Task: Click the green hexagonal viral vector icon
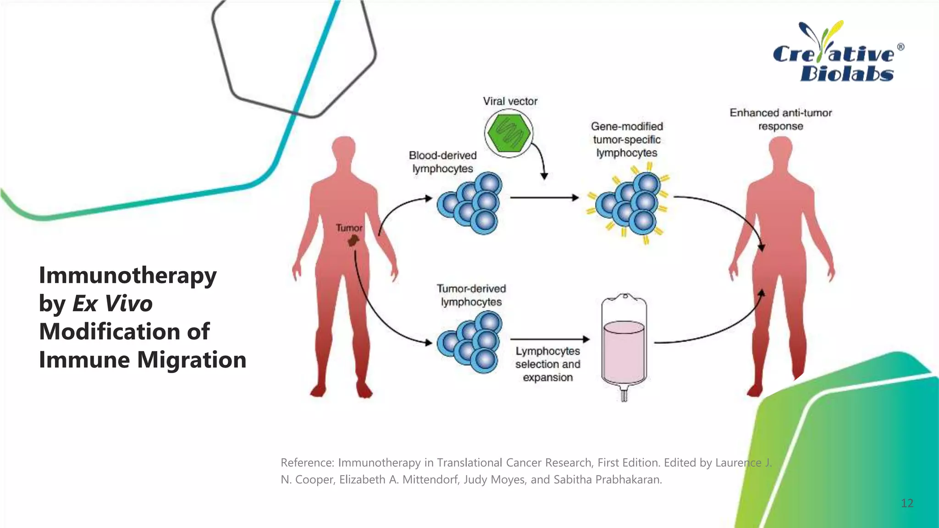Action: (x=508, y=132)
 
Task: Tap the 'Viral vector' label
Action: (x=510, y=101)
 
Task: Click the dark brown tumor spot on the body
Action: (x=353, y=240)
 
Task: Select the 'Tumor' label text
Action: (x=349, y=228)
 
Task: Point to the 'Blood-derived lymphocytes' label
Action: (x=442, y=162)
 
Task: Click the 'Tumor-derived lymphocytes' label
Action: (x=471, y=295)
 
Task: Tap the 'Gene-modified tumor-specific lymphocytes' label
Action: (x=626, y=140)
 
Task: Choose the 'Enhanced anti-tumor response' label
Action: (x=780, y=119)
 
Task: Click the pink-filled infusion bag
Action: (x=624, y=348)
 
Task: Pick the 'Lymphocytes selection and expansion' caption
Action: (x=547, y=364)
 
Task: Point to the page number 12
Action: (x=907, y=503)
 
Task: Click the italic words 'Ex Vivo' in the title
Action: (x=112, y=303)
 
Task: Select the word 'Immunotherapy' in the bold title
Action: (x=127, y=275)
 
